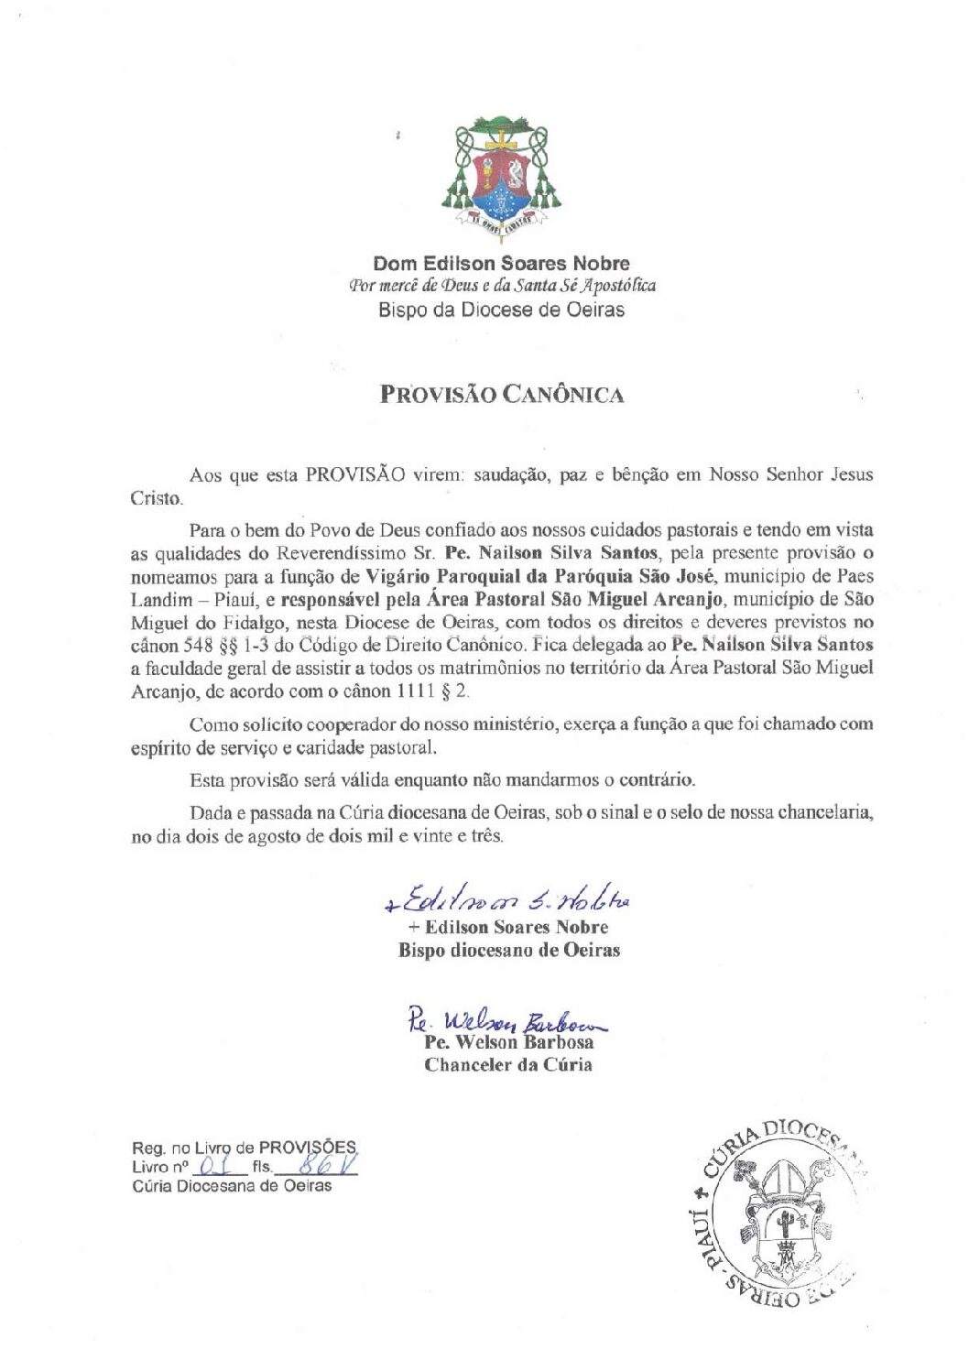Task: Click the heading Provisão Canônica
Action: [502, 395]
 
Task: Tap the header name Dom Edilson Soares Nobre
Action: [501, 264]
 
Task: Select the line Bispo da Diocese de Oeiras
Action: [501, 310]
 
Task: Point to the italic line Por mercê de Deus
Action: [501, 286]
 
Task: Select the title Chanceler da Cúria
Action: [507, 1065]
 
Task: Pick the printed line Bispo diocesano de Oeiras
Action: [508, 951]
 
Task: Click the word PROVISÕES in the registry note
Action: [307, 1148]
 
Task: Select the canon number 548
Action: [197, 645]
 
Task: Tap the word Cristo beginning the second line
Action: [156, 499]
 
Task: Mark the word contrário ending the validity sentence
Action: [656, 780]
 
